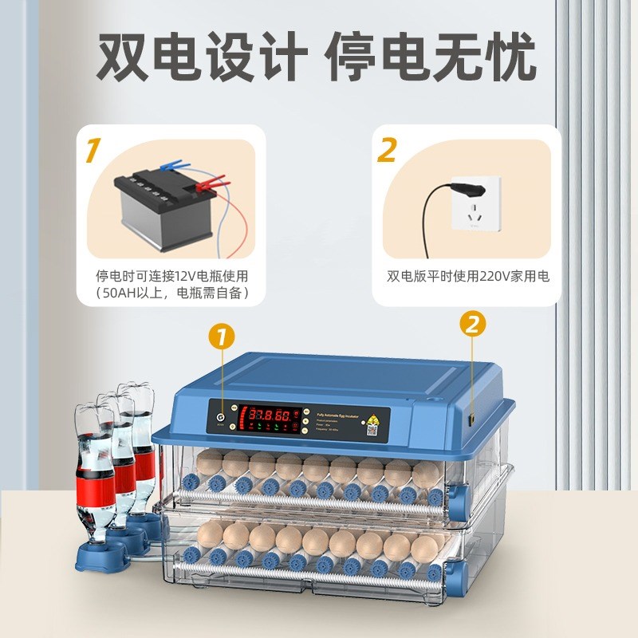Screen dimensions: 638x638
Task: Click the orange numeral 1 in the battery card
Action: [x=95, y=150]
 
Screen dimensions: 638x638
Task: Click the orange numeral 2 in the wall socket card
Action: [x=387, y=150]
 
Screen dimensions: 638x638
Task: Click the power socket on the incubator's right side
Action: [x=472, y=417]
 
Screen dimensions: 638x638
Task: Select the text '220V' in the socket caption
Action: [x=490, y=276]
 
